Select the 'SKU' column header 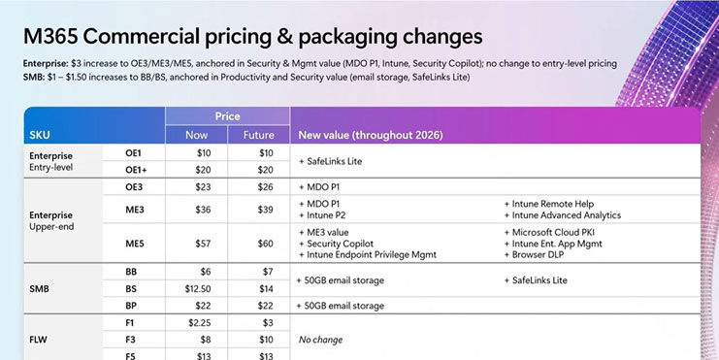point(41,134)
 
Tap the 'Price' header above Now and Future point(227,115)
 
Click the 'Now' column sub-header point(197,135)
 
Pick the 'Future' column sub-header point(257,135)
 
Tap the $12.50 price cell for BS point(198,289)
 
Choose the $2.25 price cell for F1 point(198,322)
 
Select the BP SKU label point(132,306)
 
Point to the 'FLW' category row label point(42,340)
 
